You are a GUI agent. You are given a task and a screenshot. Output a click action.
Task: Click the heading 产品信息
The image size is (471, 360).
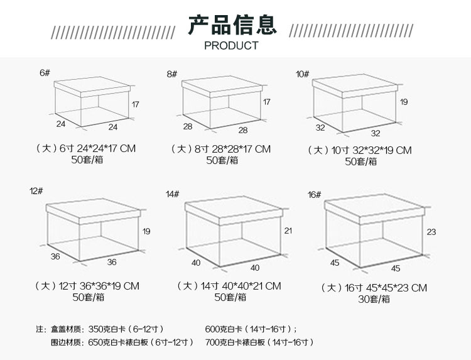click(x=232, y=25)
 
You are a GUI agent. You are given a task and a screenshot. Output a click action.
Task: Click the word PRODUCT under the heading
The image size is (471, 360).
click(x=231, y=46)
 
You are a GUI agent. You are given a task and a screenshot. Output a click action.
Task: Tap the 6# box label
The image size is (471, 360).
click(x=45, y=73)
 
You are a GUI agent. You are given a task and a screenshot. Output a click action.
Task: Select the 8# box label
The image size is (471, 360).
click(x=172, y=74)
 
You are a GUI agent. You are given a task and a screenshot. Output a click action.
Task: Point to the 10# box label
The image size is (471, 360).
click(x=303, y=74)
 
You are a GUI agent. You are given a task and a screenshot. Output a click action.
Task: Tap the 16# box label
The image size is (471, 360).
click(x=314, y=195)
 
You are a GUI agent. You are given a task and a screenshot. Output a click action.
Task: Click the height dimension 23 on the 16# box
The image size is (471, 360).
click(x=431, y=232)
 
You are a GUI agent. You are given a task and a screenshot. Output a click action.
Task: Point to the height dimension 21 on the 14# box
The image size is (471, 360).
click(x=288, y=231)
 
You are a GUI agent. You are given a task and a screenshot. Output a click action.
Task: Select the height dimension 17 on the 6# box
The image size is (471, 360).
click(x=135, y=104)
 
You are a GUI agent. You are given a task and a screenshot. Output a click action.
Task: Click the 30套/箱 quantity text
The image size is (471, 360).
click(x=374, y=299)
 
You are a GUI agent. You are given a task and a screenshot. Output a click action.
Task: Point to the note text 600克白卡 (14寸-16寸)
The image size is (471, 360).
click(x=251, y=329)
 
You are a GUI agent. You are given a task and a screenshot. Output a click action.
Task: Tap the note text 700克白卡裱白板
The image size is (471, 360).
click(x=235, y=342)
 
